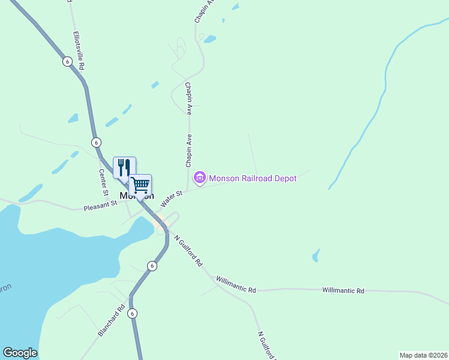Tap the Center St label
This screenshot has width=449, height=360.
click(x=103, y=182)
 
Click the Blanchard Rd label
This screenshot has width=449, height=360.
click(x=112, y=320)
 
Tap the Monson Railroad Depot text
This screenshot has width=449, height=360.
click(x=253, y=178)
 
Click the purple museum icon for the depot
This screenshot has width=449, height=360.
click(x=199, y=178)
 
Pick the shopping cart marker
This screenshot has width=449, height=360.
click(x=140, y=185)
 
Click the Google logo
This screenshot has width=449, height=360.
click(x=20, y=353)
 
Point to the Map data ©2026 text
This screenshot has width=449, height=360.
click(x=423, y=355)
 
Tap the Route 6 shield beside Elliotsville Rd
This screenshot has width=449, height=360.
click(x=67, y=61)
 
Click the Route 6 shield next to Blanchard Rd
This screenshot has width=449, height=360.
click(x=133, y=313)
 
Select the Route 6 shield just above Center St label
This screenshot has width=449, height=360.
click(x=96, y=142)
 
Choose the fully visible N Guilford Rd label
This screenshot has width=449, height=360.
click(x=188, y=250)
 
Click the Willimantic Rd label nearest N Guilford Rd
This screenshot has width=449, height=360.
click(x=236, y=284)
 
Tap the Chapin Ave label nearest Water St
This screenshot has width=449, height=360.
click(x=188, y=151)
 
